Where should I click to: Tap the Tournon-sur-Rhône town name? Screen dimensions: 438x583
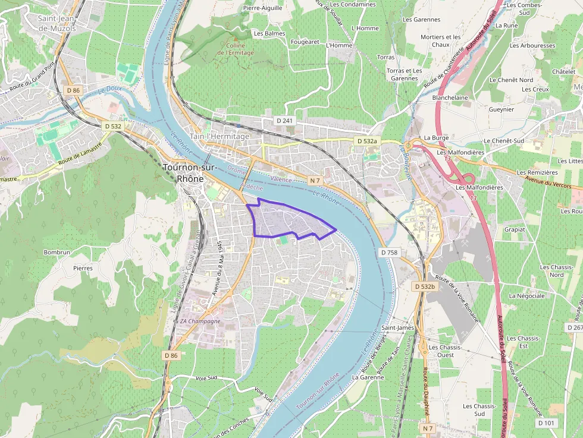[190, 172]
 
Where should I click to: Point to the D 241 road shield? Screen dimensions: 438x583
[285, 121]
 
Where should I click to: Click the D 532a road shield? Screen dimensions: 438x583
[366, 141]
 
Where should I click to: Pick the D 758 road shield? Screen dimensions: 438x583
[388, 253]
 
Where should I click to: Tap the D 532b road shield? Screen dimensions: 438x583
[424, 286]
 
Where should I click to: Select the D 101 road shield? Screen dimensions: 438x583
[546, 423]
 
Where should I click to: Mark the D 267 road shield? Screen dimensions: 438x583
[575, 327]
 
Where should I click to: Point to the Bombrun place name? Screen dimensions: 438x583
[57, 253]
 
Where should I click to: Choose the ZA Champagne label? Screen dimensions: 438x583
[200, 321]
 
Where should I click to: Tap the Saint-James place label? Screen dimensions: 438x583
[398, 327]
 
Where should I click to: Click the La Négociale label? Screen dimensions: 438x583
[526, 295]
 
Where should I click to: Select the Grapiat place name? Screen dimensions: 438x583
[515, 229]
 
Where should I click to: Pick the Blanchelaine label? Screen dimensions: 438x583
[450, 97]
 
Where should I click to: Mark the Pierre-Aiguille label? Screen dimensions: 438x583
[262, 8]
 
